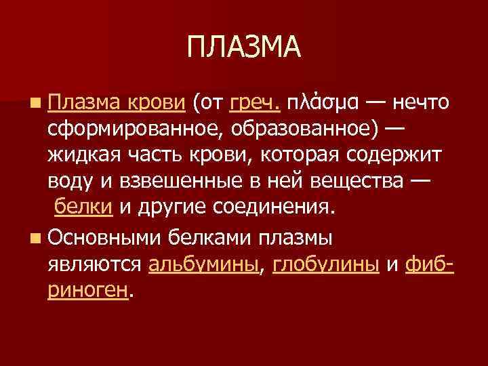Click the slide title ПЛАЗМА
[x=243, y=47]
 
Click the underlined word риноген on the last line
[x=87, y=290]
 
